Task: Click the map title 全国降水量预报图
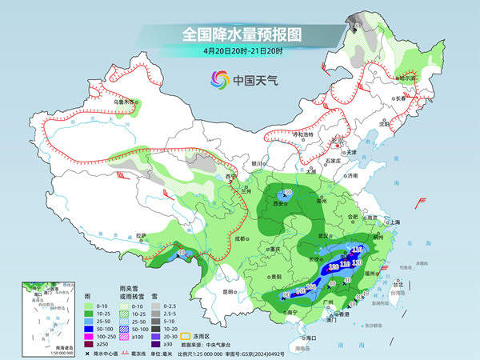pos(240,34)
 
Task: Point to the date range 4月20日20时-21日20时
pos(239,50)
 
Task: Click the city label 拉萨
pos(142,235)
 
